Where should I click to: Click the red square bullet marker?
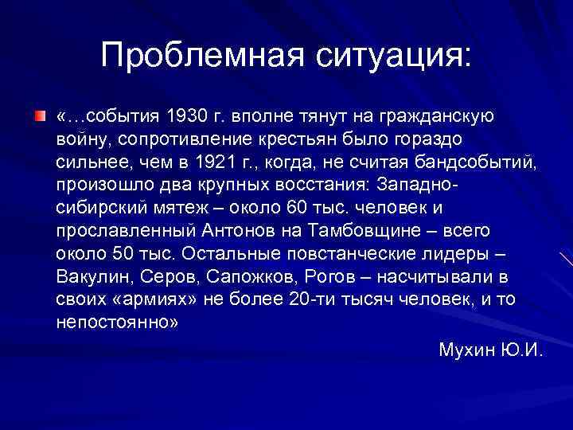pyautogui.click(x=41, y=117)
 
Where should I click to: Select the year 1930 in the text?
pyautogui.click(x=185, y=117)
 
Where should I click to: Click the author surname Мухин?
pyautogui.click(x=465, y=350)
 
